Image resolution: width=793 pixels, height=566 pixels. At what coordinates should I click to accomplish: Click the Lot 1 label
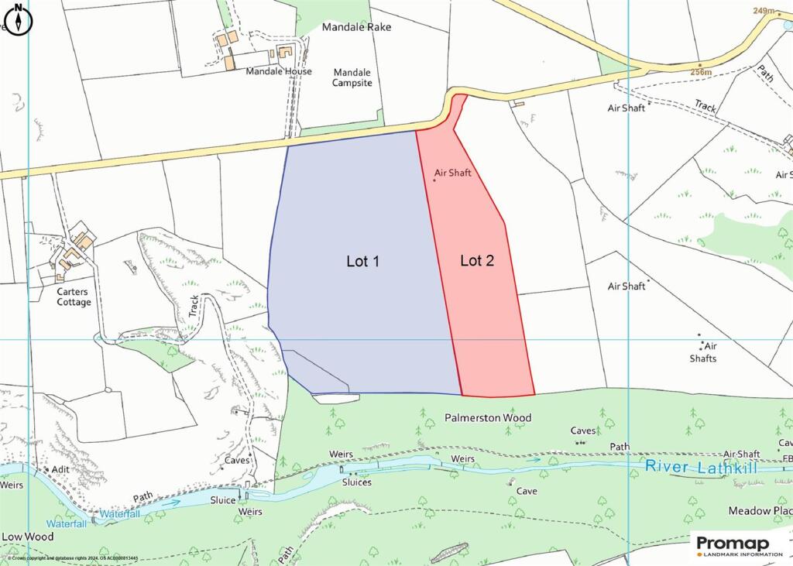pos(362,262)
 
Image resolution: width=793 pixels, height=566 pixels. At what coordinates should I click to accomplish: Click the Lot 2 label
pos(477,261)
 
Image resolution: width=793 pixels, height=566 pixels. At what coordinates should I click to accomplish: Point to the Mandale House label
pos(279,71)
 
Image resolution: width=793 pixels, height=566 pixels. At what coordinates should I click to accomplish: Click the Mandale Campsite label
pos(352,77)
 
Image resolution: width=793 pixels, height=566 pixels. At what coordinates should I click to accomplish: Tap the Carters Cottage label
pos(74,297)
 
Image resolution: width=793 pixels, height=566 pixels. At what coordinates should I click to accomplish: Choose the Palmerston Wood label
pos(488,418)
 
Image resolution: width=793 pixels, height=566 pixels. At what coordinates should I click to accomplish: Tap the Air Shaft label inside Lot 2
pos(453,173)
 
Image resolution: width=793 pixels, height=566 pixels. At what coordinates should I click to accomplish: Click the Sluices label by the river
pos(356,482)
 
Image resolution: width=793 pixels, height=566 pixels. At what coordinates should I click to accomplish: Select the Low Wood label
pos(28,537)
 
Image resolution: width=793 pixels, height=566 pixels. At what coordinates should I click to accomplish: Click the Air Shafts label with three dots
pos(704,352)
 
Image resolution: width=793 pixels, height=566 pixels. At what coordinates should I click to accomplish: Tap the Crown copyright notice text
pos(74,558)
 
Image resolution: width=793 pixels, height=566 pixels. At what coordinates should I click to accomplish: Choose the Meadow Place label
pos(760,511)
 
